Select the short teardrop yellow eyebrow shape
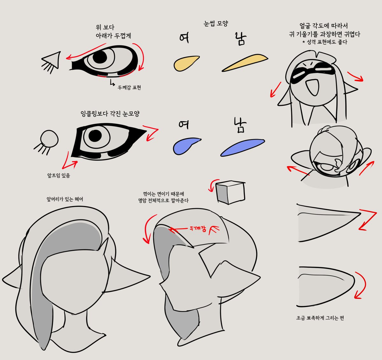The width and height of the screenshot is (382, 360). (x=185, y=63)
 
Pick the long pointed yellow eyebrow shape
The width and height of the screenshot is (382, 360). (x=245, y=62)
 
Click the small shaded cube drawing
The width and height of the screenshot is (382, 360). (x=230, y=192)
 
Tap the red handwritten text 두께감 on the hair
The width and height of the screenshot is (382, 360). (x=198, y=228)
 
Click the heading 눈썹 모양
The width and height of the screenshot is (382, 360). (x=216, y=24)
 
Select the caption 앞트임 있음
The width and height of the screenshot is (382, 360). (x=59, y=175)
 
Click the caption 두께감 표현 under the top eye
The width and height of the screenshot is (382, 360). (x=129, y=87)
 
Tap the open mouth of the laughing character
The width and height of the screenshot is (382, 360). (x=312, y=86)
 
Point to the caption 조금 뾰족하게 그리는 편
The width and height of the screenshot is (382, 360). (x=320, y=318)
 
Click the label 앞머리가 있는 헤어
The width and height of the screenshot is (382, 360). (x=65, y=199)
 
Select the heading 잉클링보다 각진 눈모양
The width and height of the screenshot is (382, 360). (x=110, y=114)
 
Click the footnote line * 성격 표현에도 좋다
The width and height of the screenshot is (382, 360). (x=325, y=42)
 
